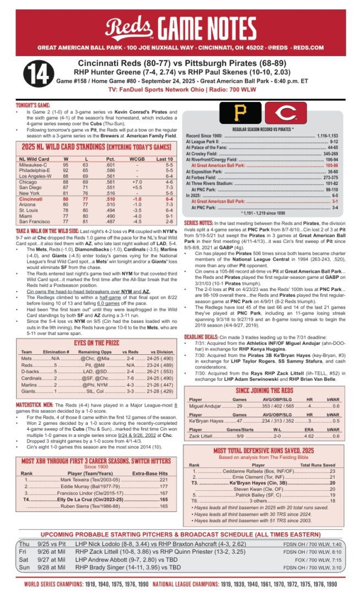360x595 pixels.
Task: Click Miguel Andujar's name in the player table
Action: (x=205, y=405)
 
